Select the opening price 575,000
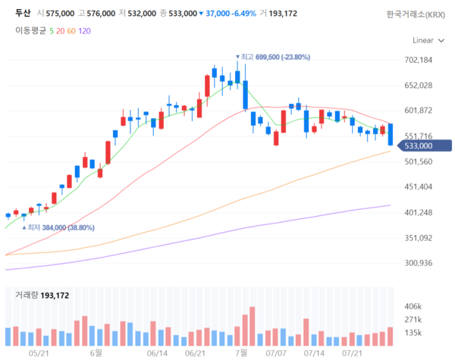click(58, 14)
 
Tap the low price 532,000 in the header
click(141, 14)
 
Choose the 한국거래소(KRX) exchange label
click(416, 14)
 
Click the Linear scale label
click(423, 39)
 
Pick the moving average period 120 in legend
click(84, 31)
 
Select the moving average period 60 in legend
click(71, 31)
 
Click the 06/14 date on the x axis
click(157, 352)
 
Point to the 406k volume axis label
click(413, 306)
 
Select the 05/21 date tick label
click(38, 352)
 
